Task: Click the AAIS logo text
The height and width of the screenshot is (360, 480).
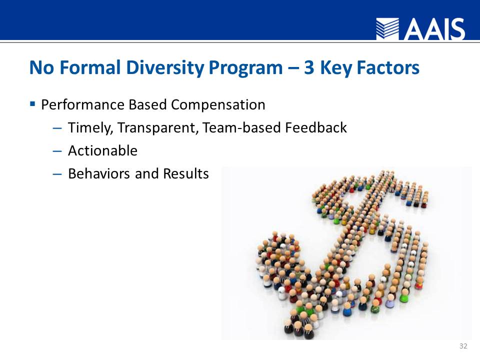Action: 435,29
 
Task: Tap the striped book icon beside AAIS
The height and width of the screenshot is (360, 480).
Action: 388,29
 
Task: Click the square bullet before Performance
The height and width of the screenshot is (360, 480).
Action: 32,104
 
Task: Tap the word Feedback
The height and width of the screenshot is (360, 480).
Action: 316,128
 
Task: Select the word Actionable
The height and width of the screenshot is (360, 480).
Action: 102,150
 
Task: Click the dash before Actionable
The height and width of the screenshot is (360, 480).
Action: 57,150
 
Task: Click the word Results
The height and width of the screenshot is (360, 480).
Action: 186,173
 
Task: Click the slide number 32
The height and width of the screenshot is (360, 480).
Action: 463,346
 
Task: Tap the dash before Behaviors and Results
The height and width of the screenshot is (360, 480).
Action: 57,173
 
